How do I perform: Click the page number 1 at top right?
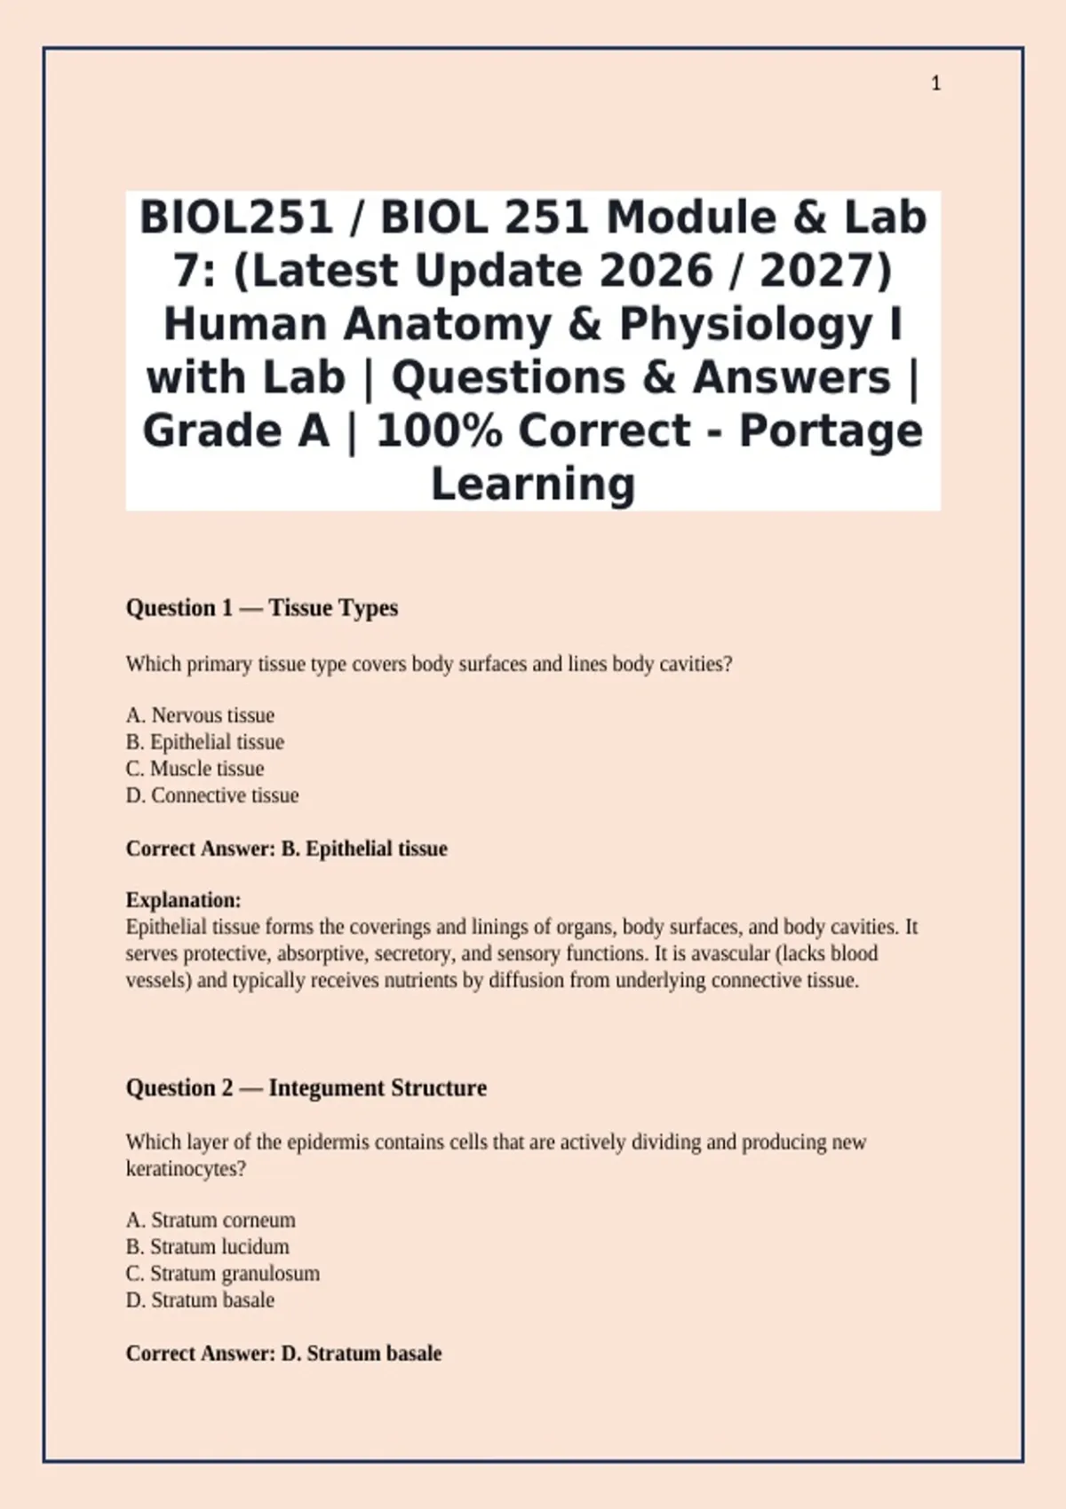coord(935,83)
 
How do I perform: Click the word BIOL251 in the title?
coord(235,217)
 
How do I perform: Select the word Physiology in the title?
coord(745,324)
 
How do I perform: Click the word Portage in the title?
coord(831,431)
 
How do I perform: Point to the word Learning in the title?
coord(533,484)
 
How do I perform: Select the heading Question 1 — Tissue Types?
coord(262,608)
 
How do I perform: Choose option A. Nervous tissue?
coord(200,715)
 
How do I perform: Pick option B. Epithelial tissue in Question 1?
coord(205,742)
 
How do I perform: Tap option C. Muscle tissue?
coord(195,769)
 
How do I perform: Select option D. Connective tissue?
coord(212,795)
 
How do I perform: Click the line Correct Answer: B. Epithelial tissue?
coord(287,849)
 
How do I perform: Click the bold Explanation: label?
coord(184,900)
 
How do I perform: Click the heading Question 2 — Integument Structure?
coord(306,1088)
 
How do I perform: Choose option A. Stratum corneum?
coord(211,1221)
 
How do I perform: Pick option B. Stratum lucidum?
coord(208,1247)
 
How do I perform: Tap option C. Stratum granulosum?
coord(223,1274)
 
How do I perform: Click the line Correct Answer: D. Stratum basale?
coord(284,1354)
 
